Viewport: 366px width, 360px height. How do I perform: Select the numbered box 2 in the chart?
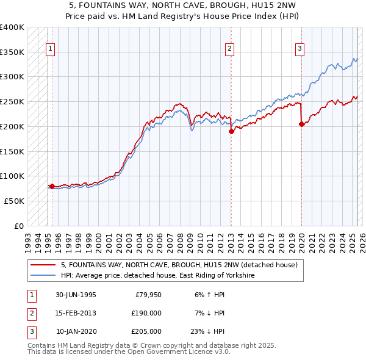point(230,50)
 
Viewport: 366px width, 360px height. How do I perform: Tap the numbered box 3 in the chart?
point(300,50)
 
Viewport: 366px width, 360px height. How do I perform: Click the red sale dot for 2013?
point(231,131)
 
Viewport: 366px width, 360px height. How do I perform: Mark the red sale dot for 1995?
point(52,185)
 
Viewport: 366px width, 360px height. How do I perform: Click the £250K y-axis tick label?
point(12,101)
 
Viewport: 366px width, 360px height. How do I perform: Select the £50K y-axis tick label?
point(14,200)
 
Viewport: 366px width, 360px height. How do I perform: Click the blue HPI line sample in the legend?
point(43,276)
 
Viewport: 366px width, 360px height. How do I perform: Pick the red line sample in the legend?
point(43,265)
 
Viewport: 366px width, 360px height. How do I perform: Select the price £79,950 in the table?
point(148,295)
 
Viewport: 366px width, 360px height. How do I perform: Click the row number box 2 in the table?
point(30,313)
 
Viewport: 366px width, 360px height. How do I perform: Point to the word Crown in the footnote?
point(135,345)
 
